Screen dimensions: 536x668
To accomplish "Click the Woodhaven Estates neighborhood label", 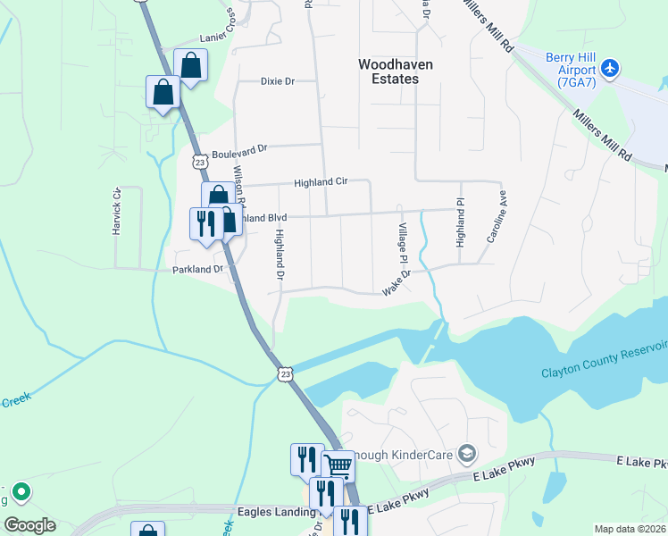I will [x=388, y=71].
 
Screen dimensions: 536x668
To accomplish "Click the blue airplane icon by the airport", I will [x=610, y=67].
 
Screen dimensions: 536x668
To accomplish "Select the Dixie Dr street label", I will [x=277, y=80].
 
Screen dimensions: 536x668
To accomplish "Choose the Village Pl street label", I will [x=402, y=237].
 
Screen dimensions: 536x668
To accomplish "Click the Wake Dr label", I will [x=396, y=284].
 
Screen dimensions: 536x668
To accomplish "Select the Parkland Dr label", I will [x=197, y=269].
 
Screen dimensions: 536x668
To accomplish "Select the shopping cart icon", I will [x=338, y=466].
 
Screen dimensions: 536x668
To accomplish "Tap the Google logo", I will [x=29, y=525].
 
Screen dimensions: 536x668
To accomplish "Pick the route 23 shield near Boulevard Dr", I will [x=199, y=163].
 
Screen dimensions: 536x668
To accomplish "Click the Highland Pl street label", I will [x=461, y=222].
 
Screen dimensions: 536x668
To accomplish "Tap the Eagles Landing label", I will [x=278, y=514].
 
